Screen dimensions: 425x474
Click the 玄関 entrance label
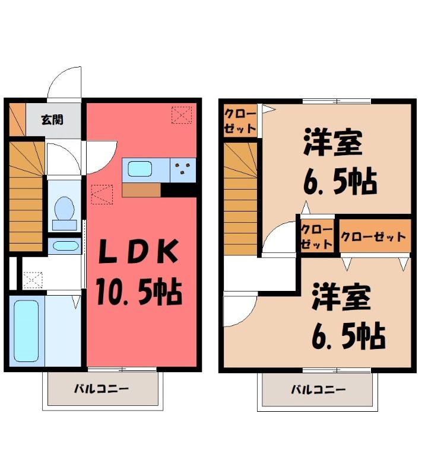coord(52,120)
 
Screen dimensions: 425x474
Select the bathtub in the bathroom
coord(26,331)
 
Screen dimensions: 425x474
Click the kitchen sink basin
coord(139,169)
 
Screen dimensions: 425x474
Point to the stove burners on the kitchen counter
coord(183,169)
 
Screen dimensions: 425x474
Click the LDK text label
coord(139,251)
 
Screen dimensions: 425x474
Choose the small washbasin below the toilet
coord(65,245)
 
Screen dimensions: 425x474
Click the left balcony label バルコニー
coord(102,389)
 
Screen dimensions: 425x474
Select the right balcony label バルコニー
coord(318,389)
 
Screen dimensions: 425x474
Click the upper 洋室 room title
coord(333,142)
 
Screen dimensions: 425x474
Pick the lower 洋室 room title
coord(341,297)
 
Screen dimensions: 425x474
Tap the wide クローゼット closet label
coord(373,236)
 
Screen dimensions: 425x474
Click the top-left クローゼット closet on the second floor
coord(240,121)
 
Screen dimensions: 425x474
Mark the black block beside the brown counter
coord(179,190)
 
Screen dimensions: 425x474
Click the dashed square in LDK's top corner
coord(182,115)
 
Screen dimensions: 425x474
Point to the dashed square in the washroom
coord(33,280)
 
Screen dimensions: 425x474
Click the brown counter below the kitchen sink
coord(141,190)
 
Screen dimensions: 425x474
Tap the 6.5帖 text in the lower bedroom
coord(348,337)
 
